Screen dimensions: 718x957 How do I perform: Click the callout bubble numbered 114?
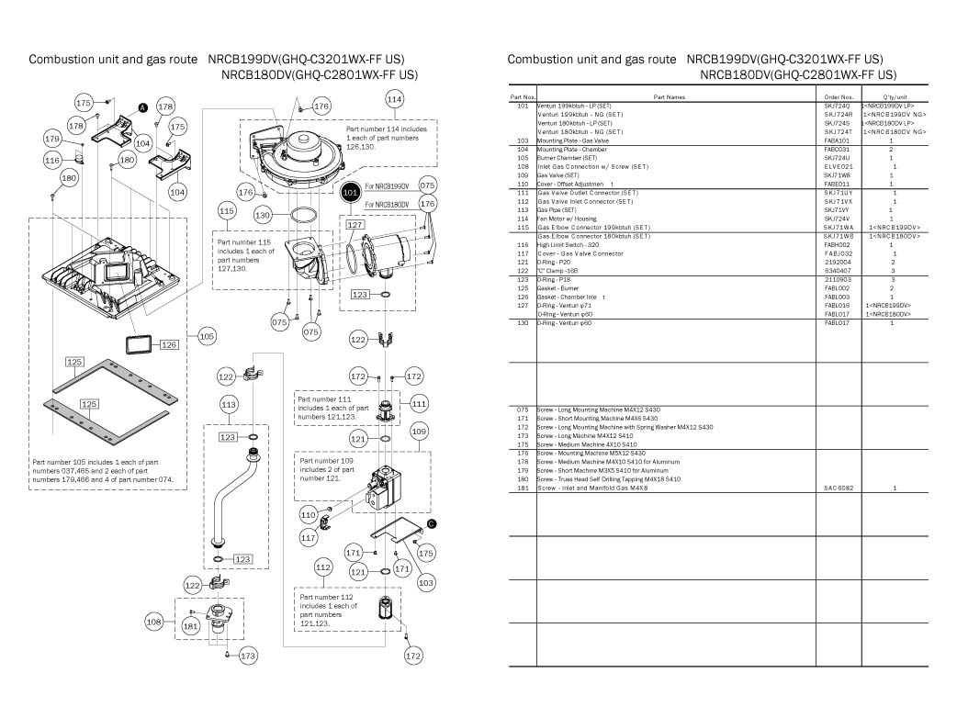394,98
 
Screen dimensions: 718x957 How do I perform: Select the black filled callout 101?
350,193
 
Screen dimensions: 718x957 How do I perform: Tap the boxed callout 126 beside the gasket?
169,345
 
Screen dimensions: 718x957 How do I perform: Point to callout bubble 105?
207,337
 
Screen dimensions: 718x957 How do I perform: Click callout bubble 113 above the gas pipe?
230,404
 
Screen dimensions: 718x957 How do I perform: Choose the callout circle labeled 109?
419,431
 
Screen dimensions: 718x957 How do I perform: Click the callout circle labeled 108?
154,622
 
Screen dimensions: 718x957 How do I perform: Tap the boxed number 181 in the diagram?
190,625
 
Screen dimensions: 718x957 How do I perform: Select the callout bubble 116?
53,161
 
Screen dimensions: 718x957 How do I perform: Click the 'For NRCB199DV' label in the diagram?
386,186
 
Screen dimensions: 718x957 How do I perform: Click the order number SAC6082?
839,488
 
